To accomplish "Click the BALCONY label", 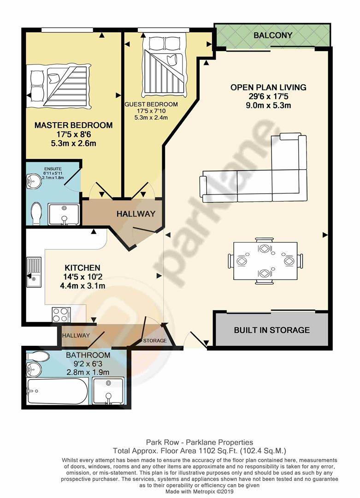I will [x=273, y=35].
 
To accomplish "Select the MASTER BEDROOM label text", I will [x=73, y=125].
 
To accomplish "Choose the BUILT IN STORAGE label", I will [x=271, y=330].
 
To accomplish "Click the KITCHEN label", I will [x=82, y=267].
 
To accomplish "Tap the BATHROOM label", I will [x=88, y=355].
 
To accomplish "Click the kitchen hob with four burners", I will [x=61, y=314].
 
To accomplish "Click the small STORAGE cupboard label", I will [x=154, y=341].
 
